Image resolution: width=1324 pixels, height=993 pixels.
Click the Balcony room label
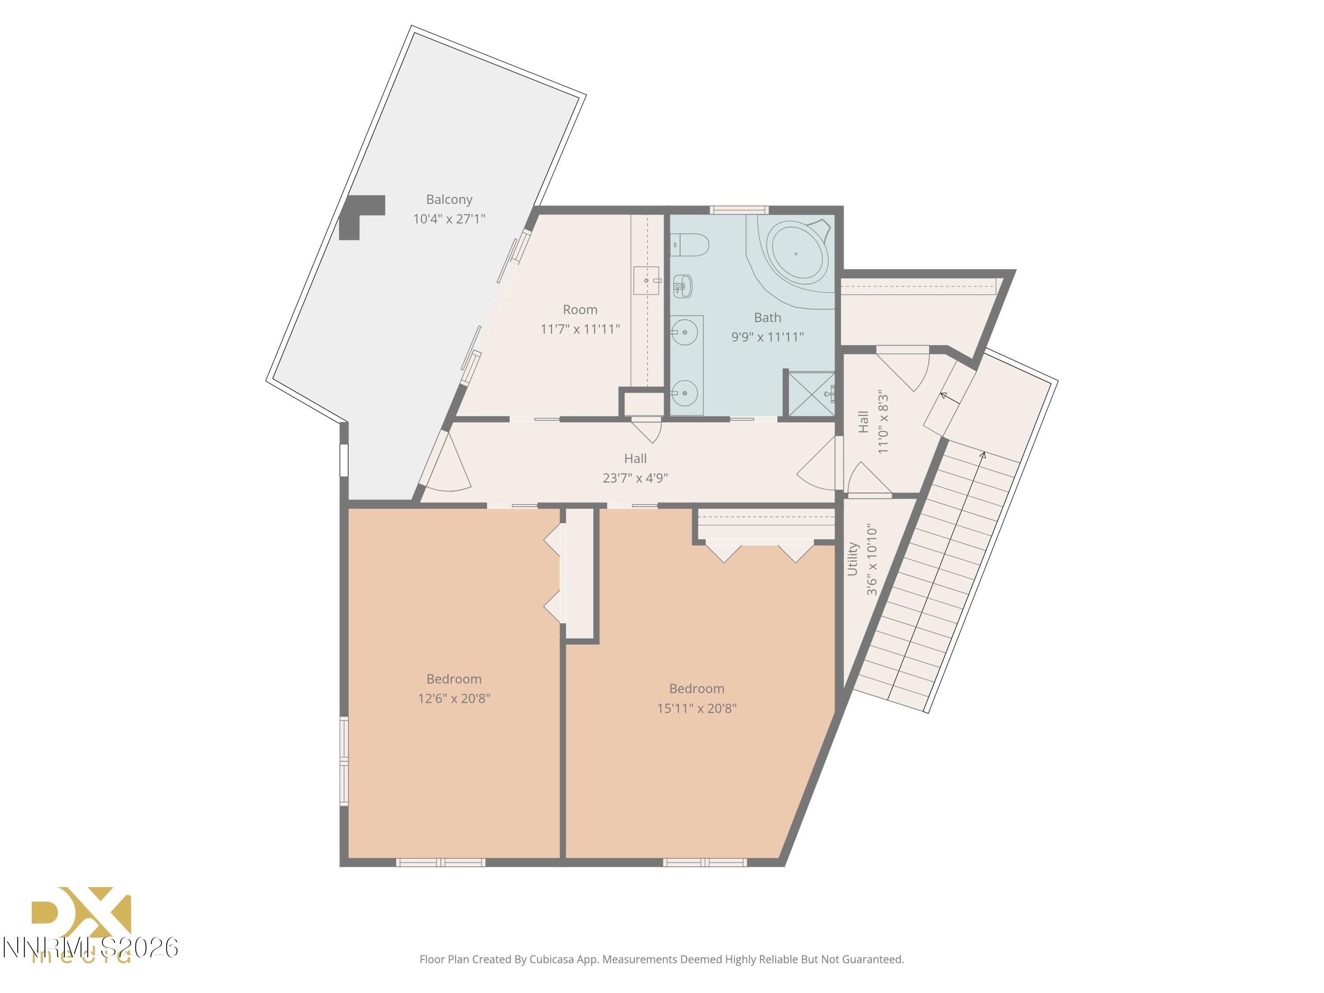pyautogui.click(x=449, y=199)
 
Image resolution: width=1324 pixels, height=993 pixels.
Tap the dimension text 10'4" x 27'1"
pyautogui.click(x=449, y=219)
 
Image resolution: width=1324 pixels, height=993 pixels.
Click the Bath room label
pyautogui.click(x=767, y=318)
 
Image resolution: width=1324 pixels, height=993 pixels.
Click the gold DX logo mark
pyautogui.click(x=81, y=913)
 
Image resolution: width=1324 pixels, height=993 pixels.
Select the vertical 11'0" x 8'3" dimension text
pyautogui.click(x=883, y=423)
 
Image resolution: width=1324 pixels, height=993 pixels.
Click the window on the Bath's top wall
pyautogui.click(x=739, y=210)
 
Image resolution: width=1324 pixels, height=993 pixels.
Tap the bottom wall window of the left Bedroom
pyautogui.click(x=440, y=862)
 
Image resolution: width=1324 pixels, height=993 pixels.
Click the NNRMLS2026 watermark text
pyautogui.click(x=90, y=948)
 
